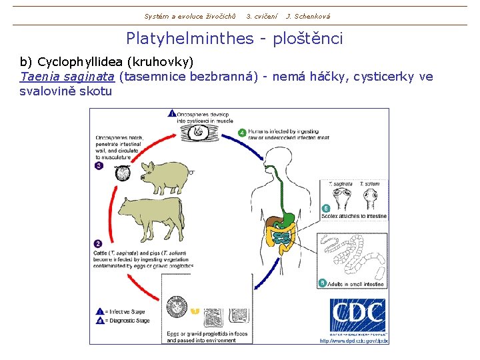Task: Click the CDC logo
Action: [x=357, y=315]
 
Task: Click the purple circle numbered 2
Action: [x=98, y=243]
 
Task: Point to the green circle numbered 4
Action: [x=242, y=132]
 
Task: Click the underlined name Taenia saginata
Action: [x=67, y=77]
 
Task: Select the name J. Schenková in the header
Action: [x=307, y=16]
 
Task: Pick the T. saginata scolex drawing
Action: [x=342, y=197]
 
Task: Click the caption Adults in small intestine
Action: [x=357, y=283]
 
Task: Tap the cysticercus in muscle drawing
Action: [x=198, y=131]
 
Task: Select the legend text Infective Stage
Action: [x=127, y=311]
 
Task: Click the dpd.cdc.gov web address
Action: [x=353, y=341]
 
